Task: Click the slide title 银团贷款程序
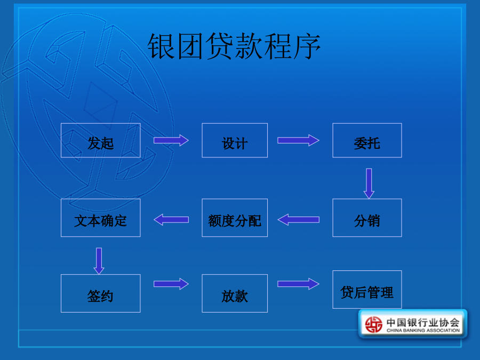234,46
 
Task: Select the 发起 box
101,140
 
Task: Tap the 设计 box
235,140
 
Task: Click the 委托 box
367,140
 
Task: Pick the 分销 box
367,218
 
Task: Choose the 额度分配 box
235,218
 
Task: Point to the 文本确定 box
101,218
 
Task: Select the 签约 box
101,293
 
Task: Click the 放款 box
235,293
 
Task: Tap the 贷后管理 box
367,290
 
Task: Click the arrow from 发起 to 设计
171,140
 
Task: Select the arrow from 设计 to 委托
298,140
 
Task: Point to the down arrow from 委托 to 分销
369,183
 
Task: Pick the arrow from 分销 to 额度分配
298,220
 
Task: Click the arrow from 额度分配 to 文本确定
171,220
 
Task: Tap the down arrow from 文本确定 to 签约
99,261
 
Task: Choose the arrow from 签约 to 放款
171,284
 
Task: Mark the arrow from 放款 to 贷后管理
298,284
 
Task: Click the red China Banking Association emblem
374,324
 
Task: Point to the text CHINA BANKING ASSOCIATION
423,330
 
